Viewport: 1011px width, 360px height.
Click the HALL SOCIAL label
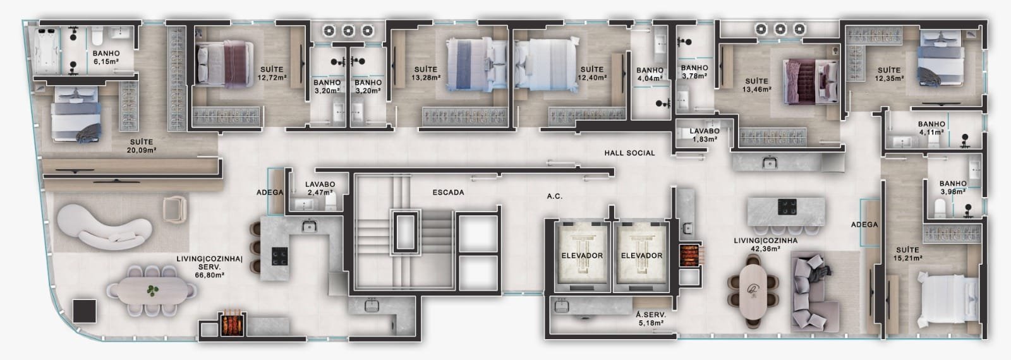(x=629, y=153)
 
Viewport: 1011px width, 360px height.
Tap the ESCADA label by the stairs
(x=448, y=192)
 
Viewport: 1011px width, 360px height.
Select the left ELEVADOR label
(x=582, y=255)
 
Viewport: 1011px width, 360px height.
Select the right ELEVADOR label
(x=641, y=255)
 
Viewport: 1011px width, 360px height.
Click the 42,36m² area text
(x=765, y=249)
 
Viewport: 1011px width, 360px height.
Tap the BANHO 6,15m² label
(x=106, y=57)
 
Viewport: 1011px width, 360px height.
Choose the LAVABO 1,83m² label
(x=705, y=135)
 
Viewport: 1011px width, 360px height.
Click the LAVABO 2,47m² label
(x=320, y=188)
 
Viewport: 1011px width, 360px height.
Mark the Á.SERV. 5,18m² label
(x=650, y=319)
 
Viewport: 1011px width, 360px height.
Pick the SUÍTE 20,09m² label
(x=142, y=146)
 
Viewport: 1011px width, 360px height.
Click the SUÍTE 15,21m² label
(x=907, y=254)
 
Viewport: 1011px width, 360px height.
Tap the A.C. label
(x=555, y=196)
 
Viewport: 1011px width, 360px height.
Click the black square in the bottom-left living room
(x=85, y=310)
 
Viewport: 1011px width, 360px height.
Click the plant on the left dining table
(x=152, y=291)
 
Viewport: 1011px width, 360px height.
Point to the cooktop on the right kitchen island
(x=787, y=207)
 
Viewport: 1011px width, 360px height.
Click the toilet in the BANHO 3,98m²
(x=940, y=209)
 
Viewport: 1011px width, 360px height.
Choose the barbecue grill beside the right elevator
(x=689, y=255)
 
